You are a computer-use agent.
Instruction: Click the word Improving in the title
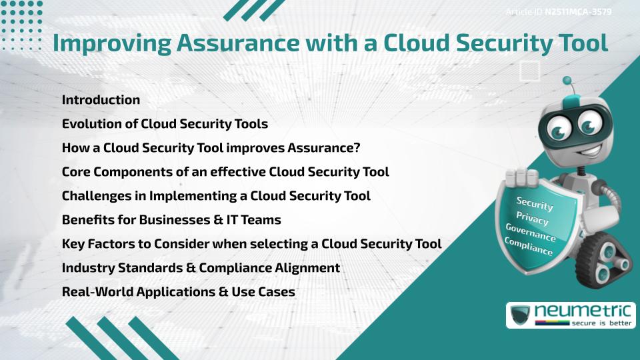(x=110, y=44)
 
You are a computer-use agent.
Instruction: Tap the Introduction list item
(x=101, y=100)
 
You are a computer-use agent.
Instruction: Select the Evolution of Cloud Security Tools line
(x=165, y=124)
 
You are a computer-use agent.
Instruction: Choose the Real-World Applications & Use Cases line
(x=178, y=292)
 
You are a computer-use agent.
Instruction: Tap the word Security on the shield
(x=535, y=203)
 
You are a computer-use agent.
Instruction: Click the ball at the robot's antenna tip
(x=567, y=81)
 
